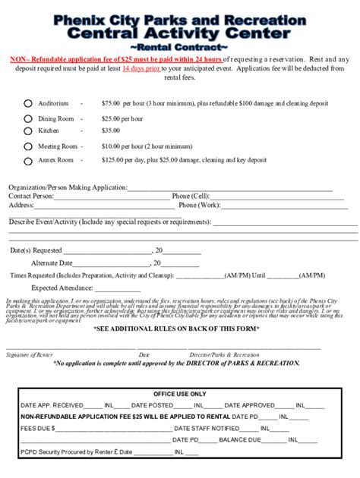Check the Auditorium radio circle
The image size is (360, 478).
point(28,103)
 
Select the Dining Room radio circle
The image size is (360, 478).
point(28,119)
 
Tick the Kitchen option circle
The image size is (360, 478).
point(28,131)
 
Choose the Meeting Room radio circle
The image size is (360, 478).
point(28,146)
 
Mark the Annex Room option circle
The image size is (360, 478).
point(28,160)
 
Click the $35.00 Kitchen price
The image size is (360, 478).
point(112,131)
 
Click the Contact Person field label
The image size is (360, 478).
point(31,196)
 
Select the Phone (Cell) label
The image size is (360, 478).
point(191,196)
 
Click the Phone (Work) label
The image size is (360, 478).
point(199,205)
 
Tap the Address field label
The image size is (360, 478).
point(21,205)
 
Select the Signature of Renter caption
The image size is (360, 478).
point(30,354)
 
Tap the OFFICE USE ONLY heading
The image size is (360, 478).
point(179,395)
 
